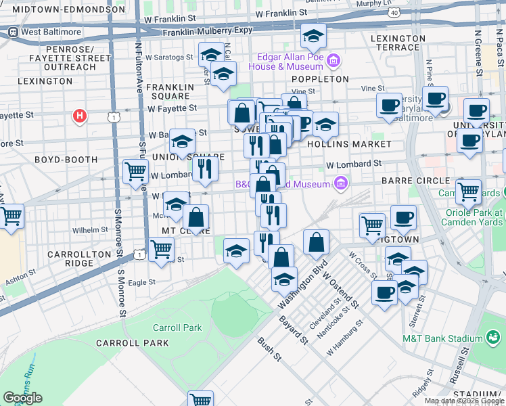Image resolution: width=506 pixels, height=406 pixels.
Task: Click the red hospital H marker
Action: click(x=80, y=116)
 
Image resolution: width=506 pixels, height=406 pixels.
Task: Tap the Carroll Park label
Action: click(x=177, y=328)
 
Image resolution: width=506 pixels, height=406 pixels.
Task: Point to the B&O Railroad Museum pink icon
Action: click(x=342, y=183)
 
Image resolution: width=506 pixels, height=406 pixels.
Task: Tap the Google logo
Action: click(x=22, y=398)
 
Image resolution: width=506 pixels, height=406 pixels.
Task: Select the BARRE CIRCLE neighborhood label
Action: click(x=425, y=181)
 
